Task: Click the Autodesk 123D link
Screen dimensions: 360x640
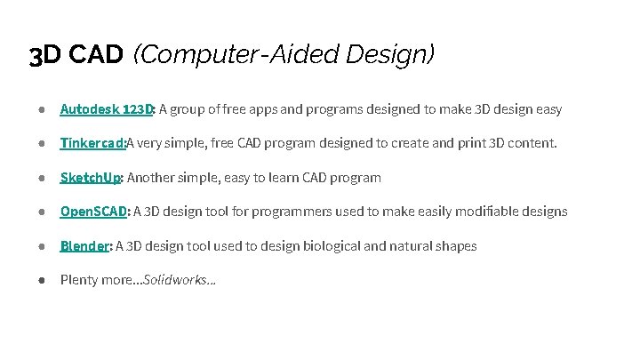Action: tap(107, 109)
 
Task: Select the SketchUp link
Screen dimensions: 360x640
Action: tap(90, 177)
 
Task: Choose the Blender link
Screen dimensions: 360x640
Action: tap(84, 245)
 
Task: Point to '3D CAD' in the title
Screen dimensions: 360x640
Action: tap(76, 56)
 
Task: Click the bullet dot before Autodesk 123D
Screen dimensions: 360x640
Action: tap(42, 109)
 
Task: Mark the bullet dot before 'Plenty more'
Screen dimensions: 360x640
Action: tap(42, 279)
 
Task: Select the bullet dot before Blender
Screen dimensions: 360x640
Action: tap(42, 245)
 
